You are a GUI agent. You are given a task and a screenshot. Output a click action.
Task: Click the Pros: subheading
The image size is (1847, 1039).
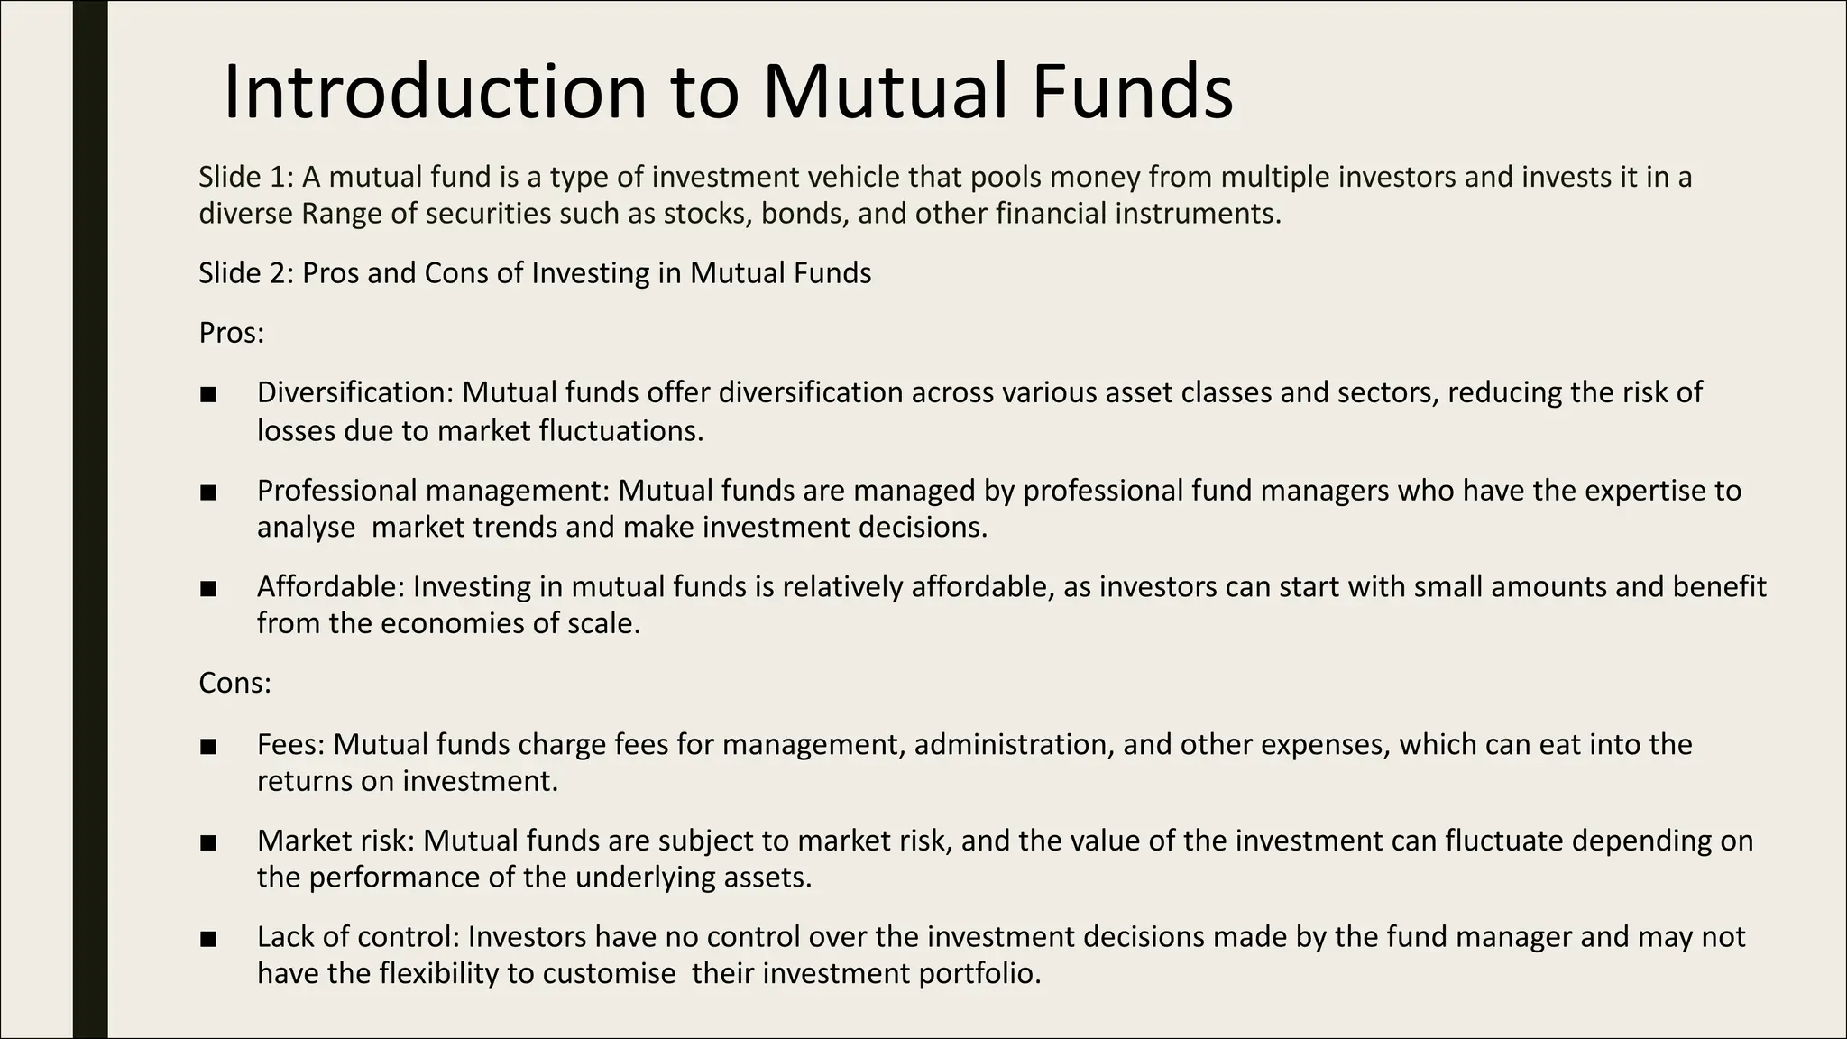click(231, 333)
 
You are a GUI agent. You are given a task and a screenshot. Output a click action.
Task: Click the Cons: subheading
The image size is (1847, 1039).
click(234, 683)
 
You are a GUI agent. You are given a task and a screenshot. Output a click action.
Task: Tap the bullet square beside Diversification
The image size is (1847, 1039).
click(208, 394)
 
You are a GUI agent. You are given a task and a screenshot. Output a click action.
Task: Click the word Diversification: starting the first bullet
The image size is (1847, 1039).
click(356, 392)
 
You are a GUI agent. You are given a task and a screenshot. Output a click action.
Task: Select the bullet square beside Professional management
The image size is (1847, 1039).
click(208, 492)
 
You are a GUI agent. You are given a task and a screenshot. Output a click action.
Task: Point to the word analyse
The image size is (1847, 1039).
click(306, 528)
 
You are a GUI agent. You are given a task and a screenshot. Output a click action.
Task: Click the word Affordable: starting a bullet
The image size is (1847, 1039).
click(331, 586)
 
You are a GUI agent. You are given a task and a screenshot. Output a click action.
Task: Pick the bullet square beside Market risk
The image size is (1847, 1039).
click(208, 842)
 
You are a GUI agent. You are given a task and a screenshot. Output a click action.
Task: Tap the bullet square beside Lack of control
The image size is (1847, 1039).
click(208, 939)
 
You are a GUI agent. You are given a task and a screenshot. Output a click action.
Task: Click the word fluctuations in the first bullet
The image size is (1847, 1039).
click(620, 431)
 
